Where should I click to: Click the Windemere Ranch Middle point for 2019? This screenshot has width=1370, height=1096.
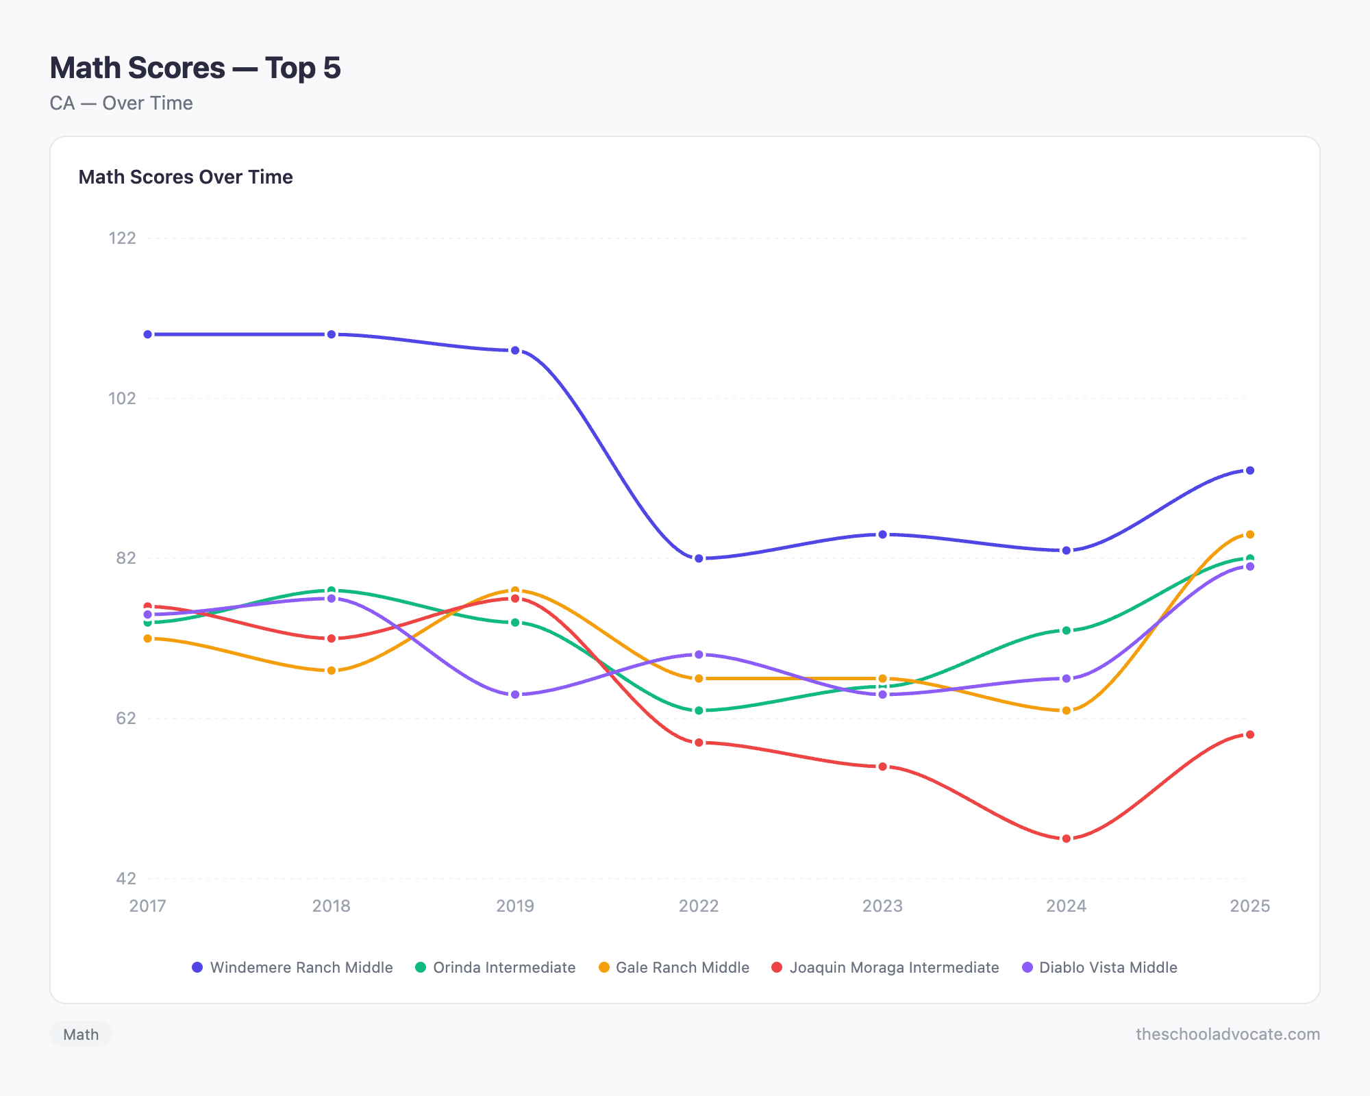tap(515, 350)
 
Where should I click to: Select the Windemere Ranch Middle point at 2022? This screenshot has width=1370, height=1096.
tap(699, 558)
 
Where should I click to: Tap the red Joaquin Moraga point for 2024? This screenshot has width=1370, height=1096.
tap(1066, 838)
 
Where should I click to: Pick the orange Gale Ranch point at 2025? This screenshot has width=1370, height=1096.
tap(1249, 534)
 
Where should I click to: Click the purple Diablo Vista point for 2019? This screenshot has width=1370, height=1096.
tap(515, 695)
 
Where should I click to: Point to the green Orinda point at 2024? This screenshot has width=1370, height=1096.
tap(1066, 630)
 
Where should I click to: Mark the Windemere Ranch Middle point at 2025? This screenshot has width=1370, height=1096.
tap(1249, 471)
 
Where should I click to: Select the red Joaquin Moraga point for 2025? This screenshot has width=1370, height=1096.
tap(1249, 734)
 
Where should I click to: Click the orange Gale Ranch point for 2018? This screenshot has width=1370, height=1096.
tap(332, 671)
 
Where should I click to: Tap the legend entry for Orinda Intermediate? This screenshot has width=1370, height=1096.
tap(495, 967)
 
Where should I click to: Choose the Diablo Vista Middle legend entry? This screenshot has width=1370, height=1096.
tap(1099, 967)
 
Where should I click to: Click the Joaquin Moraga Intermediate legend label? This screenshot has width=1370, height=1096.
tap(885, 967)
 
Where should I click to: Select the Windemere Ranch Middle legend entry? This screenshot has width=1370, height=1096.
tap(292, 967)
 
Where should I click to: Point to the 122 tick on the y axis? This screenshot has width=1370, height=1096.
tap(123, 238)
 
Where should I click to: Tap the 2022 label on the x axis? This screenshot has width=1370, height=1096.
tap(699, 906)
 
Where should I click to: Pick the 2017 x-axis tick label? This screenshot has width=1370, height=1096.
tap(148, 906)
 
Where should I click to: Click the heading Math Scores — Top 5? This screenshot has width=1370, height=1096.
tap(195, 68)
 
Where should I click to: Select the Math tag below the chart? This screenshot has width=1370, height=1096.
tap(81, 1034)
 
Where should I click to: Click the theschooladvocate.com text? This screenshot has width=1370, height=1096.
tap(1228, 1034)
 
